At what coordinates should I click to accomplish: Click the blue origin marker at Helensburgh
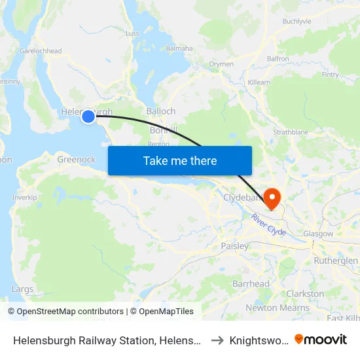88,117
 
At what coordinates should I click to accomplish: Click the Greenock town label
76,159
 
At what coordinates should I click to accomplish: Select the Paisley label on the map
234,246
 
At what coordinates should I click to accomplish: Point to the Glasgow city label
318,234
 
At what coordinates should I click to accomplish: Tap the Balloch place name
160,111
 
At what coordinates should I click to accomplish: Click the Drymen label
221,64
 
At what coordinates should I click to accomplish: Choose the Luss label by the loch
132,33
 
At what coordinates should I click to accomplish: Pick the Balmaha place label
179,48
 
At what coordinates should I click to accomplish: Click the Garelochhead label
41,51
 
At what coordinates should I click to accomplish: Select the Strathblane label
291,132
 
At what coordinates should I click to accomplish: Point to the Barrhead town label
251,284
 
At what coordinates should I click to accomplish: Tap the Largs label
22,289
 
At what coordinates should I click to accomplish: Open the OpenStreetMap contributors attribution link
65,312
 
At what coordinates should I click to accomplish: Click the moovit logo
321,339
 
